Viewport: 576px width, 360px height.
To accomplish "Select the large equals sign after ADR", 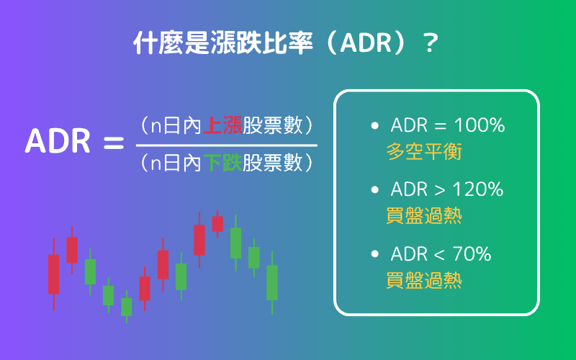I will point(114,143).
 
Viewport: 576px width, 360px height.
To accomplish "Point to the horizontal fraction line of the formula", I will point(226,145).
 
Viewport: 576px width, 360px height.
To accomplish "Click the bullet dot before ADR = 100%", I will point(374,126).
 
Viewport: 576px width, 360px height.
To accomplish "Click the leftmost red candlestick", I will point(54,274).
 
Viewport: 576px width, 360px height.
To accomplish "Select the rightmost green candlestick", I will point(271,282).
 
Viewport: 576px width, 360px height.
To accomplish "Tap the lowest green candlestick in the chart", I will point(127,307).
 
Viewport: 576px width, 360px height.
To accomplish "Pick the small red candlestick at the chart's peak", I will point(217,223).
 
